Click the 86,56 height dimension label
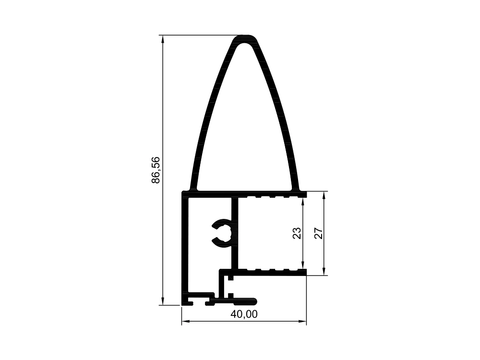point(156,170)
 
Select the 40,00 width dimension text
point(244,314)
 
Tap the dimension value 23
point(297,233)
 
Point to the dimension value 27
point(319,233)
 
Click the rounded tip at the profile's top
point(244,38)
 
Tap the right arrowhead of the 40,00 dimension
point(302,322)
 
